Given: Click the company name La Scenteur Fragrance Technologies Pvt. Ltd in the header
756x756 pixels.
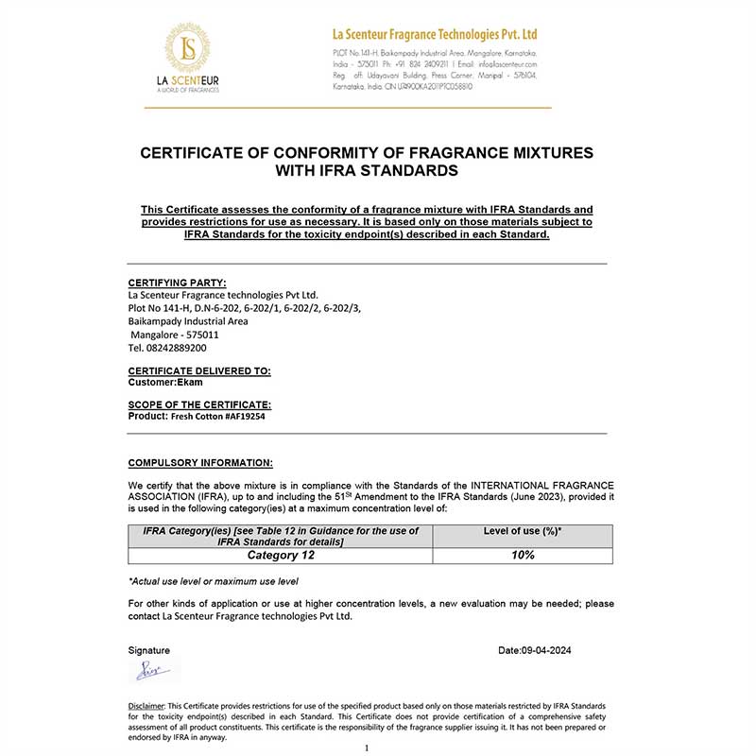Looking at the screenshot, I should click(x=435, y=35).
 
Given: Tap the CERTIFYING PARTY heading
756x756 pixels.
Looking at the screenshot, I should click(x=177, y=282).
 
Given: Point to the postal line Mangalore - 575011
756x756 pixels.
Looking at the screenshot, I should click(x=175, y=335).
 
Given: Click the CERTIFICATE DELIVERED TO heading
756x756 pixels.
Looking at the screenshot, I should click(x=199, y=371).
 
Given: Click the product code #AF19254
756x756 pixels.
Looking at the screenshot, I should click(x=238, y=416).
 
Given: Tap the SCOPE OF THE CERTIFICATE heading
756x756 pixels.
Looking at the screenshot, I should click(x=199, y=404).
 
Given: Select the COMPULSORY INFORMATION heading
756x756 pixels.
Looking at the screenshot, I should click(x=200, y=463).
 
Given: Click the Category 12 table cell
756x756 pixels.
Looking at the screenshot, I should click(x=280, y=555).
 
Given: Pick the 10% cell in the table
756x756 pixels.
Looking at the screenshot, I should click(x=522, y=555).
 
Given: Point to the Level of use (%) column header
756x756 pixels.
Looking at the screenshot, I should click(x=522, y=532).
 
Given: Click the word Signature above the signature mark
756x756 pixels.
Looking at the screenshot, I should click(x=149, y=650).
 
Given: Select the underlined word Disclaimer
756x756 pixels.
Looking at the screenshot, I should click(x=146, y=706).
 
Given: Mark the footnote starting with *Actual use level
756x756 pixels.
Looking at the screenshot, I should click(x=214, y=581).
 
